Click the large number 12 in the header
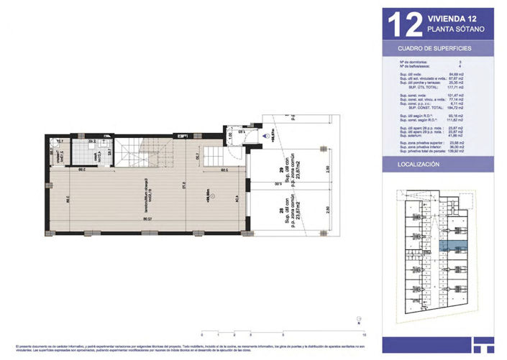pos(405,24)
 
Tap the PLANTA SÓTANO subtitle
pos(455,30)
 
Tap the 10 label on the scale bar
pos(365,335)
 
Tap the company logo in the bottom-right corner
pos(481,344)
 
